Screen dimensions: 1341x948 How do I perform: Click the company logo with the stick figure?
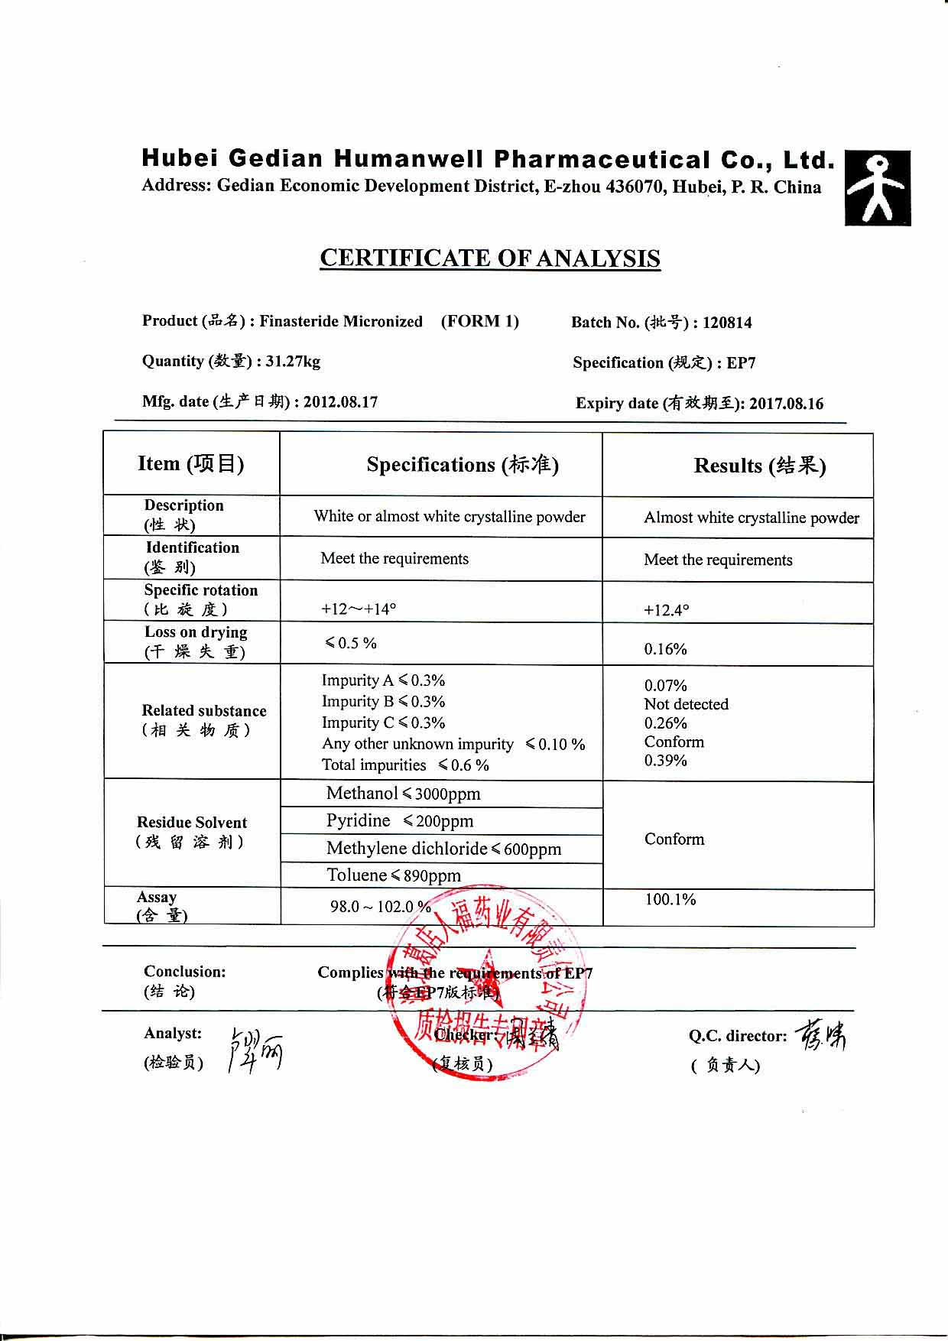(x=878, y=187)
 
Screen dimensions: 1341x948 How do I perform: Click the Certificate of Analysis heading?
(x=489, y=258)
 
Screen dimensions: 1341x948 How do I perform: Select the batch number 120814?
(x=727, y=323)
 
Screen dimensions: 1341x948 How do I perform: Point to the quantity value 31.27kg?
(x=293, y=362)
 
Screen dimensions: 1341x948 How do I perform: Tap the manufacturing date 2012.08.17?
(x=340, y=402)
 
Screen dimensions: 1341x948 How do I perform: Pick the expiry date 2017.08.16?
(x=786, y=404)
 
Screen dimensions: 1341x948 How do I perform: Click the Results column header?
(x=759, y=466)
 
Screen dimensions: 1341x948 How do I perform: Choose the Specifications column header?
(x=462, y=465)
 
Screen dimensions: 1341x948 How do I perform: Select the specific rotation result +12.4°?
(x=666, y=610)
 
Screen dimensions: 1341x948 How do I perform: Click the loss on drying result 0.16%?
(x=665, y=649)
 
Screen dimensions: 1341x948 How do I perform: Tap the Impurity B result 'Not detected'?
(x=686, y=704)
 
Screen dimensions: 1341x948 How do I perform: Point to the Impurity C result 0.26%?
(x=665, y=723)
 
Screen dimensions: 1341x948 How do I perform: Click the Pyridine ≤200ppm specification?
(x=399, y=821)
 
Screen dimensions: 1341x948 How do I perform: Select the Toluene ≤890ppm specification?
(x=393, y=875)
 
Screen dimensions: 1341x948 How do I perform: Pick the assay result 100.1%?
(x=670, y=900)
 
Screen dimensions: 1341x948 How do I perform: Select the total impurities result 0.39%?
(x=665, y=761)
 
